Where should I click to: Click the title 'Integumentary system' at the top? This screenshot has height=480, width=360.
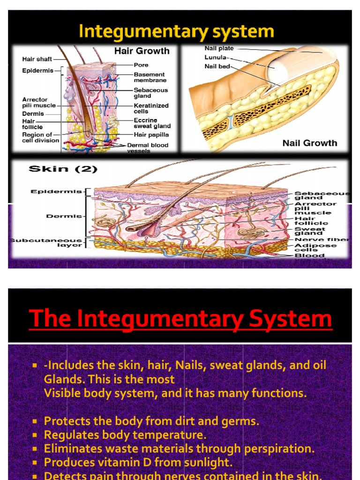[176, 31]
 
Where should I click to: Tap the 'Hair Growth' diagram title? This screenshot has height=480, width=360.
[142, 51]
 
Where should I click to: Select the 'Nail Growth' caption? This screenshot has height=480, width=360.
[309, 143]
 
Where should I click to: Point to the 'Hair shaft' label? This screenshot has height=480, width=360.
[37, 60]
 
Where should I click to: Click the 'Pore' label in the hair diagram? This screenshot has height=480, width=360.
[141, 65]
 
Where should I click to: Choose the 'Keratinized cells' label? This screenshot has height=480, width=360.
[150, 109]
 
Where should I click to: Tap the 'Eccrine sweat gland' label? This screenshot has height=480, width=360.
[152, 123]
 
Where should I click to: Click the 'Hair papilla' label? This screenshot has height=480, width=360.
[151, 135]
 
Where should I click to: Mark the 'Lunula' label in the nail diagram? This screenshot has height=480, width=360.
[216, 57]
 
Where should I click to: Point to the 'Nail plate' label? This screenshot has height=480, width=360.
[219, 48]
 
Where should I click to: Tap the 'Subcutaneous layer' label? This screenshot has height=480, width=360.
[46, 243]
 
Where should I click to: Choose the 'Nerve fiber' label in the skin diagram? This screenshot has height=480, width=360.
[322, 240]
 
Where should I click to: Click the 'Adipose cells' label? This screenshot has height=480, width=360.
[309, 247]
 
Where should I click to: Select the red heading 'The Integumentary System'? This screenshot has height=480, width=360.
[180, 319]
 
